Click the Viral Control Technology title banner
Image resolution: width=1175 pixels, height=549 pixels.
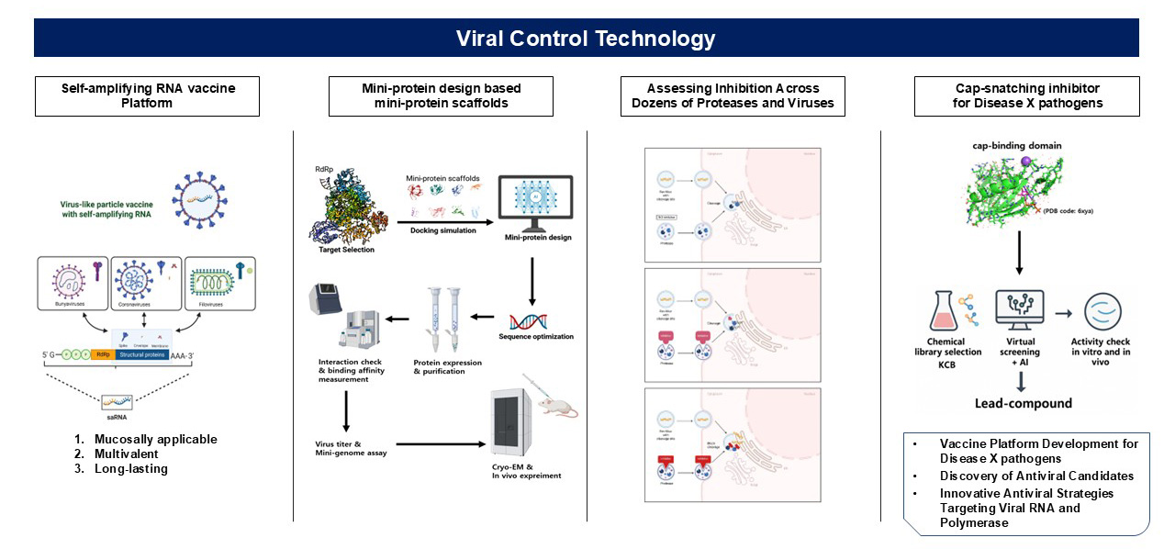tap(587, 39)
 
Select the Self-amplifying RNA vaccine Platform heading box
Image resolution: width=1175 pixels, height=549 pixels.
tap(147, 95)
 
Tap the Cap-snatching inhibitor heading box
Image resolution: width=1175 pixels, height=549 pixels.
tap(1026, 95)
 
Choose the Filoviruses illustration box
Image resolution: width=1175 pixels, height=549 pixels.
tap(219, 282)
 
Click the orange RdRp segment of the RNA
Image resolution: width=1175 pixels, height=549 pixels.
tap(104, 353)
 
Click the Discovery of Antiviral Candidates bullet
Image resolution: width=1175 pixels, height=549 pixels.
tap(1036, 475)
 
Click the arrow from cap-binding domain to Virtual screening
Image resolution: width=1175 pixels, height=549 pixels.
tap(1020, 252)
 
